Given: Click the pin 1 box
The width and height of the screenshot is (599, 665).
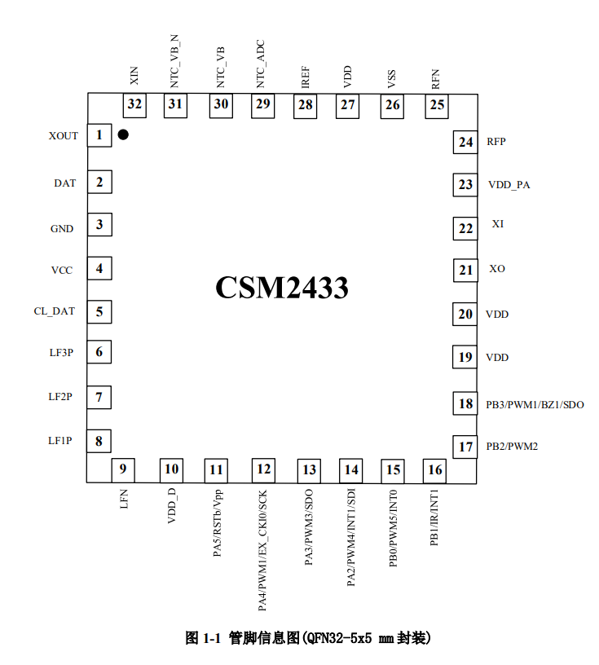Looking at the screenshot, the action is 99,135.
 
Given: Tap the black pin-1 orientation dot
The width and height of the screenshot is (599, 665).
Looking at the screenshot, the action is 123,134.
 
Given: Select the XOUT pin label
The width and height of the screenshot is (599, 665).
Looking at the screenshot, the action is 64,136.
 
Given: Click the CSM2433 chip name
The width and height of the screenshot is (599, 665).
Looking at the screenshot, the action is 282,288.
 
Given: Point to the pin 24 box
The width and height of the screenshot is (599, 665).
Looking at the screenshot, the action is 465,142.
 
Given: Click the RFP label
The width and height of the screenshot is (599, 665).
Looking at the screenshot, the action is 496,142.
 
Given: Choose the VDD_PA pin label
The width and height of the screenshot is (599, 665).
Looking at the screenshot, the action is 509,185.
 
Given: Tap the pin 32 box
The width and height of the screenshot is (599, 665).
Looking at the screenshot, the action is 134,105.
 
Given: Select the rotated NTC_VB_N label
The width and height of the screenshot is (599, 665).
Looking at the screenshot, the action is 174,61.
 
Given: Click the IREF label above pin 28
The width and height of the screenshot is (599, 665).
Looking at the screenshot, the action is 306,77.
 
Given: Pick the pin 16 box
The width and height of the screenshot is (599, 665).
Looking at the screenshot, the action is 435,470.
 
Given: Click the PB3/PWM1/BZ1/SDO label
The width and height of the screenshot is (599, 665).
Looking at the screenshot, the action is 535,404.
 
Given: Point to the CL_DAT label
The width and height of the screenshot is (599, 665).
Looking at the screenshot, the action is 55,311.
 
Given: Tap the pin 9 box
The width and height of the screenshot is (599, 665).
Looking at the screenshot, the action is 123,470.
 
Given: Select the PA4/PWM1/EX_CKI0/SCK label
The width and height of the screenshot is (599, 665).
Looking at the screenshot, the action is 262,550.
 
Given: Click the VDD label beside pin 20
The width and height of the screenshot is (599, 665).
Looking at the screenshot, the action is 497,315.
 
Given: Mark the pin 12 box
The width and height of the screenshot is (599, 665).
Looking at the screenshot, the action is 263,470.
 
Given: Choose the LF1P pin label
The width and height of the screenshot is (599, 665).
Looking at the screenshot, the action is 59,441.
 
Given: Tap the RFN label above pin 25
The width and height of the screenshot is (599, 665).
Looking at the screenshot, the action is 436,79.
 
